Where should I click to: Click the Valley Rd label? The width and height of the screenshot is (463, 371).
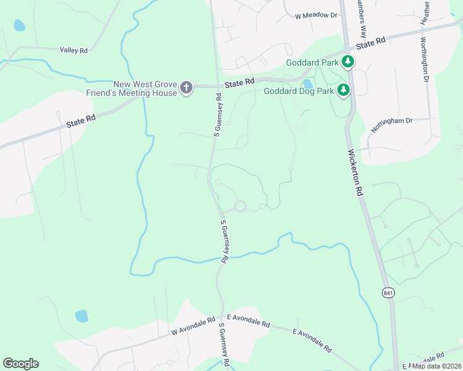(x=74, y=50)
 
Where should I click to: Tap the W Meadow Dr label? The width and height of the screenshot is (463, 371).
(x=316, y=15)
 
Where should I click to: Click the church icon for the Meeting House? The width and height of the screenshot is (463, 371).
(x=186, y=88)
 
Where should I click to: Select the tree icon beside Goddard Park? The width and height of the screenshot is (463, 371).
(x=348, y=61)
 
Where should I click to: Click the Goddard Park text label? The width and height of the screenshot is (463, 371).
(x=312, y=62)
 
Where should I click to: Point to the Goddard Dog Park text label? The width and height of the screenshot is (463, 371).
(x=298, y=92)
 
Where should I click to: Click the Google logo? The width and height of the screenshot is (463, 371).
(x=20, y=364)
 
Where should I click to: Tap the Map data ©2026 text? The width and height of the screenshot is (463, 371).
(x=436, y=365)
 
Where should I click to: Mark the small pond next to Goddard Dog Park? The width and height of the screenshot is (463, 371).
(x=308, y=84)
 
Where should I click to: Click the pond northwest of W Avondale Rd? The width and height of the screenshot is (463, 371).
(x=81, y=316)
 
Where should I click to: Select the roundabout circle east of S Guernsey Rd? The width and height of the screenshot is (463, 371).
(x=240, y=207)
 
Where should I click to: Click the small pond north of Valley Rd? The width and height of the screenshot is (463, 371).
(x=19, y=25)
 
